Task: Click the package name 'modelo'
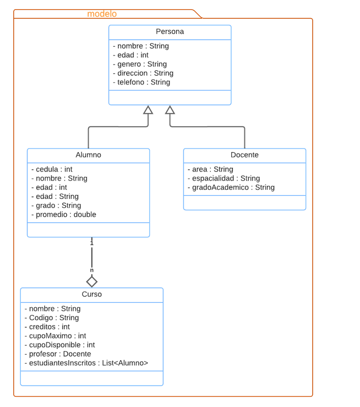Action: pyautogui.click(x=102, y=14)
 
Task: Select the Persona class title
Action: pyautogui.click(x=170, y=32)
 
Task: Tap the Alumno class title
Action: pyautogui.click(x=88, y=155)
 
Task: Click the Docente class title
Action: pyautogui.click(x=245, y=155)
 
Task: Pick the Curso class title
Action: pyautogui.click(x=92, y=294)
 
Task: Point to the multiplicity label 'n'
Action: pyautogui.click(x=92, y=270)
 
